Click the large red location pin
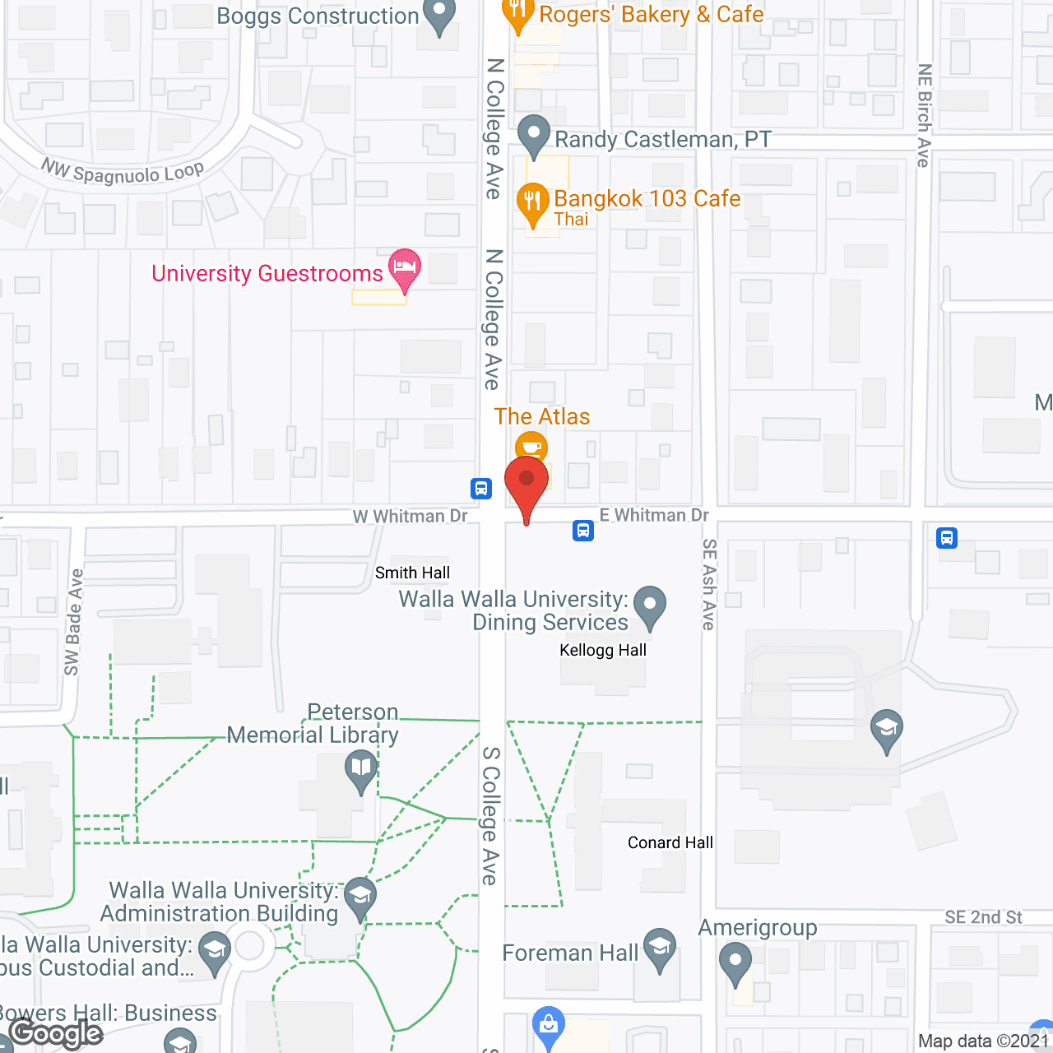coord(526,482)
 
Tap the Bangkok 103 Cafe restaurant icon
coord(532,202)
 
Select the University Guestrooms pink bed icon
coord(404,268)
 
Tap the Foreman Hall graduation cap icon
coord(660,947)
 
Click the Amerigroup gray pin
coord(735,962)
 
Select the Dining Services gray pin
coord(650,605)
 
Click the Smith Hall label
coord(412,573)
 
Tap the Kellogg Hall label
coord(603,650)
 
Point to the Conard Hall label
coord(670,842)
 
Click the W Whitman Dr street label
coord(410,516)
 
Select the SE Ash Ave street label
coord(709,584)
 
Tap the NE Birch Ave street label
coord(925,115)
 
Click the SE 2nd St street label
coord(983,917)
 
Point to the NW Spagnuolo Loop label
coord(123,172)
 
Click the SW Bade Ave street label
coord(73,622)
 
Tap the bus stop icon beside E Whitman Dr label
coord(583,531)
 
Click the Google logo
coord(56,1033)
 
